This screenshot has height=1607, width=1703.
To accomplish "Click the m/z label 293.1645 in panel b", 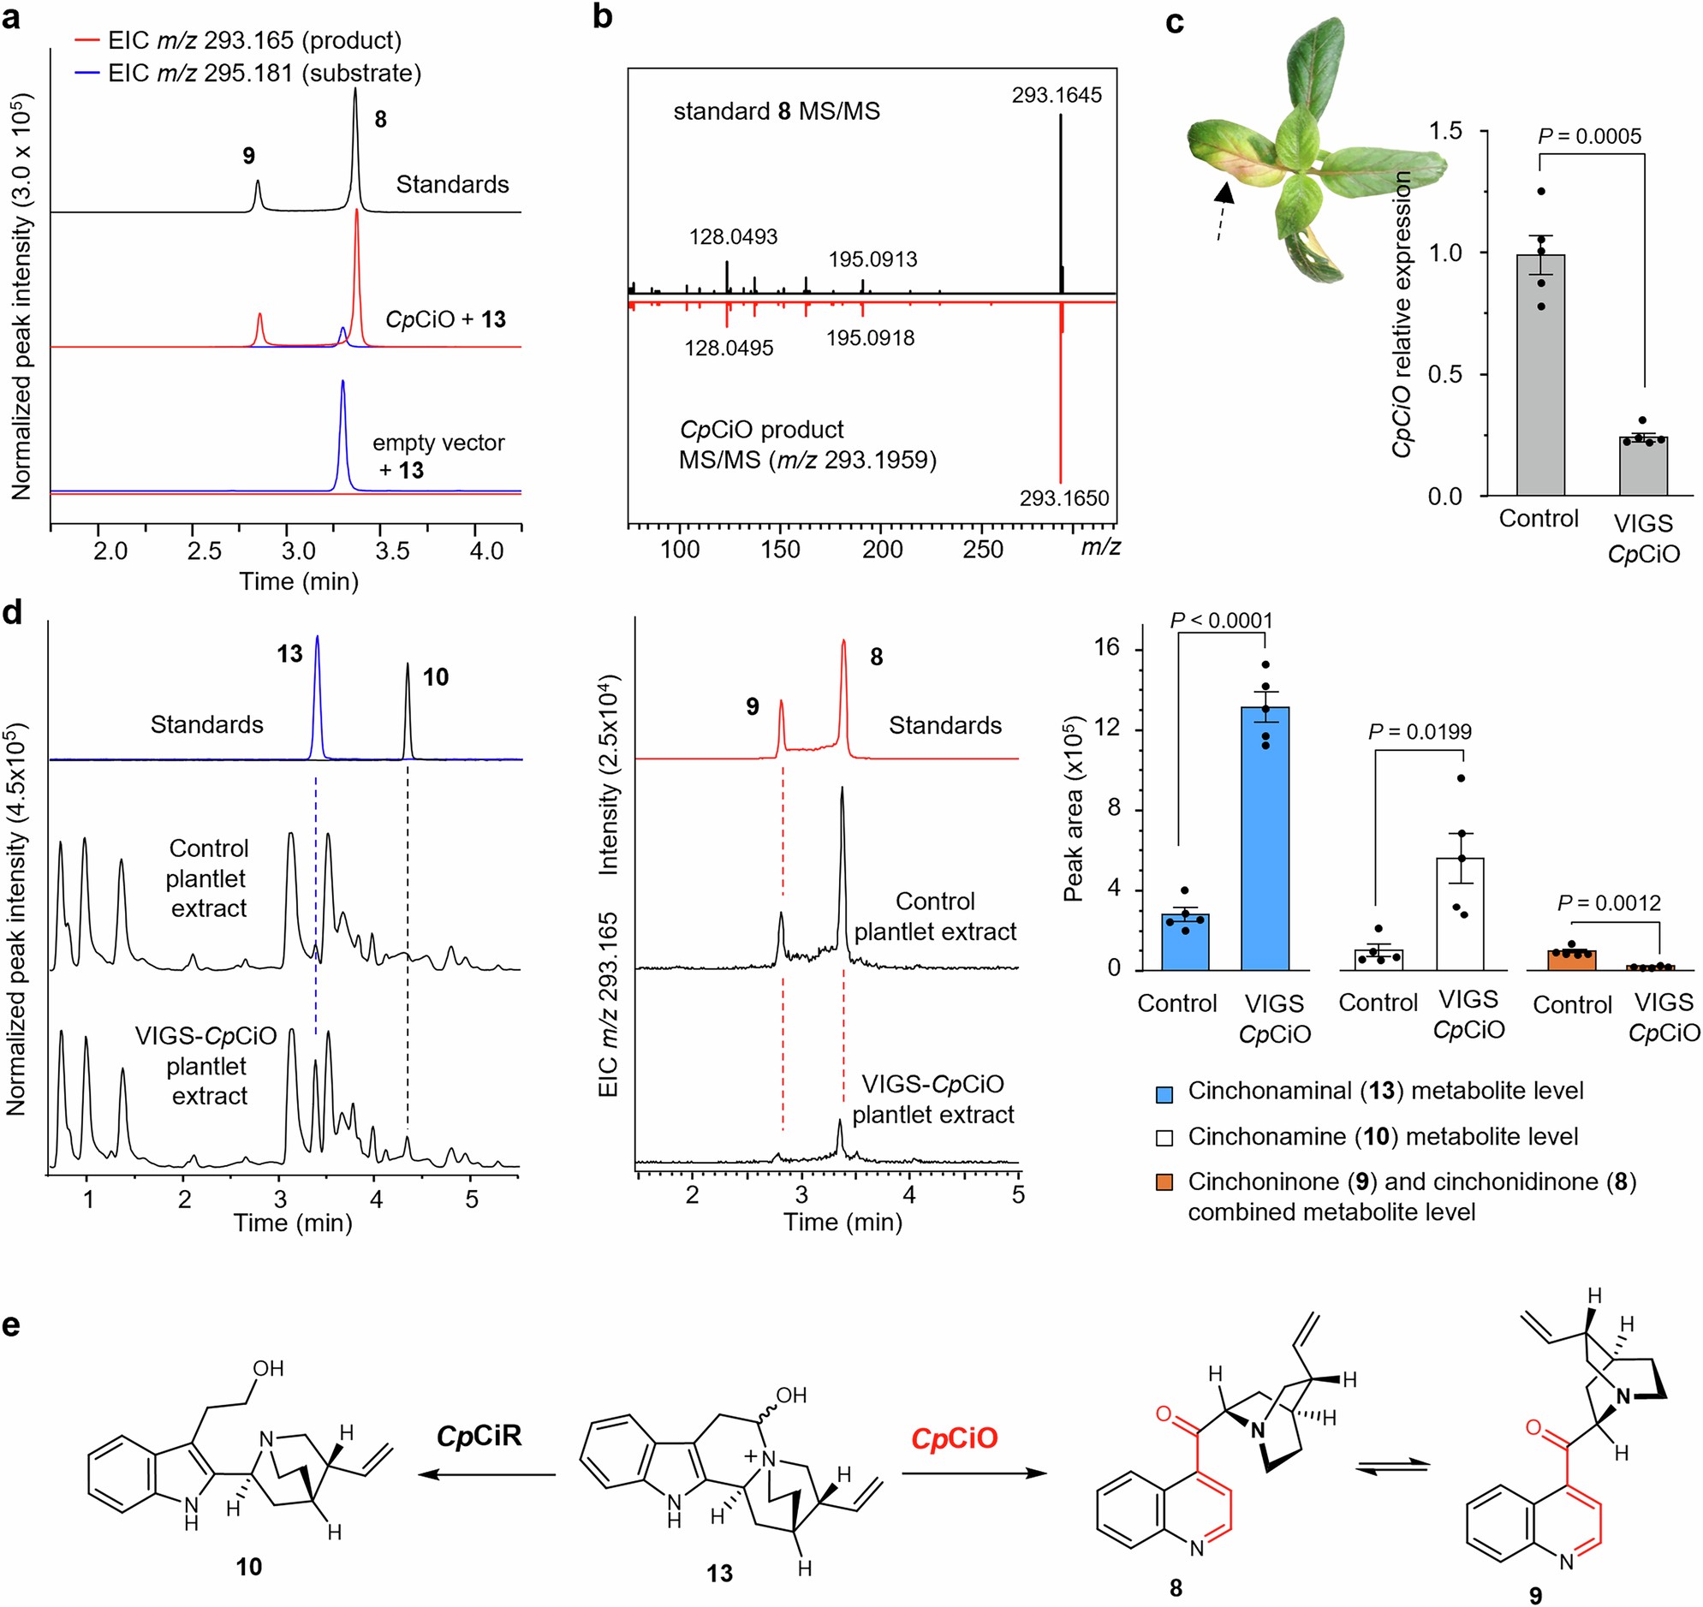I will coord(1057,95).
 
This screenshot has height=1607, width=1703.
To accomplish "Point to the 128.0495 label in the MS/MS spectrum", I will coord(728,348).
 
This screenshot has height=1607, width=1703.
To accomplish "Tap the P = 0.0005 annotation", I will coord(1589,136).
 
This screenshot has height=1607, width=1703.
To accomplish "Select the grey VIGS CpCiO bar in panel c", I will coord(1642,466).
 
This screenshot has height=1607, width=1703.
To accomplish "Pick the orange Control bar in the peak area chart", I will coord(1572,961).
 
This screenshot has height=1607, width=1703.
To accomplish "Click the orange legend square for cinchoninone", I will coord(1164,1182).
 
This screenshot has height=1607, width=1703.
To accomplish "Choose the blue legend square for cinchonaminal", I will coord(1164,1092).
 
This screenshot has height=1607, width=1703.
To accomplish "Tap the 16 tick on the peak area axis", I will coord(1109,647).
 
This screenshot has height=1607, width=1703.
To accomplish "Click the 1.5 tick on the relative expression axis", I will coord(1445,131).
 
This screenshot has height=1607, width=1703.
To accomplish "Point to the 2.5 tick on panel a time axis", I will coord(204,551).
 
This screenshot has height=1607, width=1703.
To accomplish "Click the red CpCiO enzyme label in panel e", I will coord(955,1438).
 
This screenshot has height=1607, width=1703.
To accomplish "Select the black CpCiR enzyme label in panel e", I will coord(479,1436).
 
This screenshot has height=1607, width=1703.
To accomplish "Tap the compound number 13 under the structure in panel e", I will coord(719,1574).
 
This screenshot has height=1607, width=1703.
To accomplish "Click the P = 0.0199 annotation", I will coord(1420,731).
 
